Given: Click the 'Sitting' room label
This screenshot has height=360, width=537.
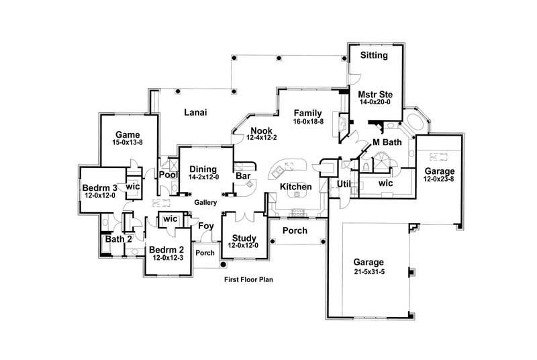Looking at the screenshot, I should point(374,55).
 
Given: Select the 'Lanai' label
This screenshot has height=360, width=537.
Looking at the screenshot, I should point(195,113).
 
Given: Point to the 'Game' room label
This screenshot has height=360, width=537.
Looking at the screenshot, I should point(127,134).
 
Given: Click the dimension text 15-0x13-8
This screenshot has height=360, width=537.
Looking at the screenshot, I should point(127,142).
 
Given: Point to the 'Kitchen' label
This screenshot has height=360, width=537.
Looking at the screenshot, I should point(296,186).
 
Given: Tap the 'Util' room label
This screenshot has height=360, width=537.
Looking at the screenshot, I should point(344,183).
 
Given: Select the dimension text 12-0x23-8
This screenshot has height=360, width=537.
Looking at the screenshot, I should point(439,180).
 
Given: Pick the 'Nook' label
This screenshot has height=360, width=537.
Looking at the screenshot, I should point(261,130).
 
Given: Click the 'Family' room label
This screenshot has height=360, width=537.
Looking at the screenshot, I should point(307,113).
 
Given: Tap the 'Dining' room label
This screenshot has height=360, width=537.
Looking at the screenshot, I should point(202,169).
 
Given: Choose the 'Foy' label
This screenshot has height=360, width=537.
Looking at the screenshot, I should point(205,226).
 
